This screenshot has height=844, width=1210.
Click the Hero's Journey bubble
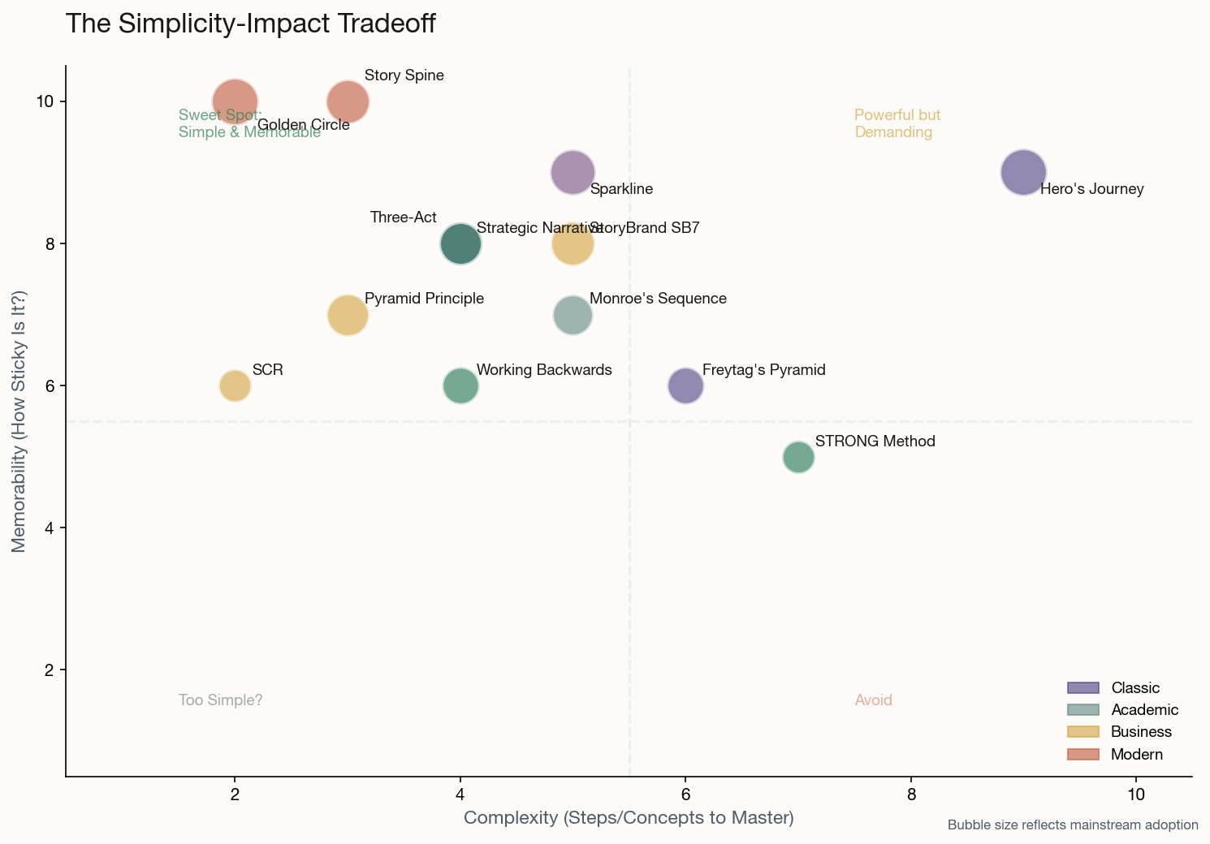click(x=1023, y=173)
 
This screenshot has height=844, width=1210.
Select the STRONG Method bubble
click(x=798, y=457)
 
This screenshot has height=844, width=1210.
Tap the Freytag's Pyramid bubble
click(x=685, y=385)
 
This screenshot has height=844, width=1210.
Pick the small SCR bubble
click(x=235, y=385)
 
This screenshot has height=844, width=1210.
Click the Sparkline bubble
click(x=573, y=173)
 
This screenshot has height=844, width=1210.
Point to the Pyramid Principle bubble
click(x=348, y=315)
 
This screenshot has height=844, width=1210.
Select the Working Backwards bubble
click(x=460, y=385)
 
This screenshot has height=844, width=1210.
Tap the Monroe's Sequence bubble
click(x=573, y=315)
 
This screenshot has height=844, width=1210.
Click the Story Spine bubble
click(x=348, y=101)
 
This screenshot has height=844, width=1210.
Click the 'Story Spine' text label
click(x=404, y=75)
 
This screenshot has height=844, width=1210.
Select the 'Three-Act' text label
click(x=403, y=217)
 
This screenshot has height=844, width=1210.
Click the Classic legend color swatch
click(x=1083, y=688)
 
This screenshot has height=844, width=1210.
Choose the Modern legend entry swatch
click(x=1083, y=755)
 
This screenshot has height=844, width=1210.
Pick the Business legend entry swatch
click(x=1083, y=732)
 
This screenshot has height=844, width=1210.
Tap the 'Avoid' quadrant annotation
click(x=873, y=700)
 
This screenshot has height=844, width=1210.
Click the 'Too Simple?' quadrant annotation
click(x=220, y=700)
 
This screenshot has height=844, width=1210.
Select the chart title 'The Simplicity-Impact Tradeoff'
click(x=250, y=24)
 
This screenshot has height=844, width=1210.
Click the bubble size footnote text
click(x=1072, y=825)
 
